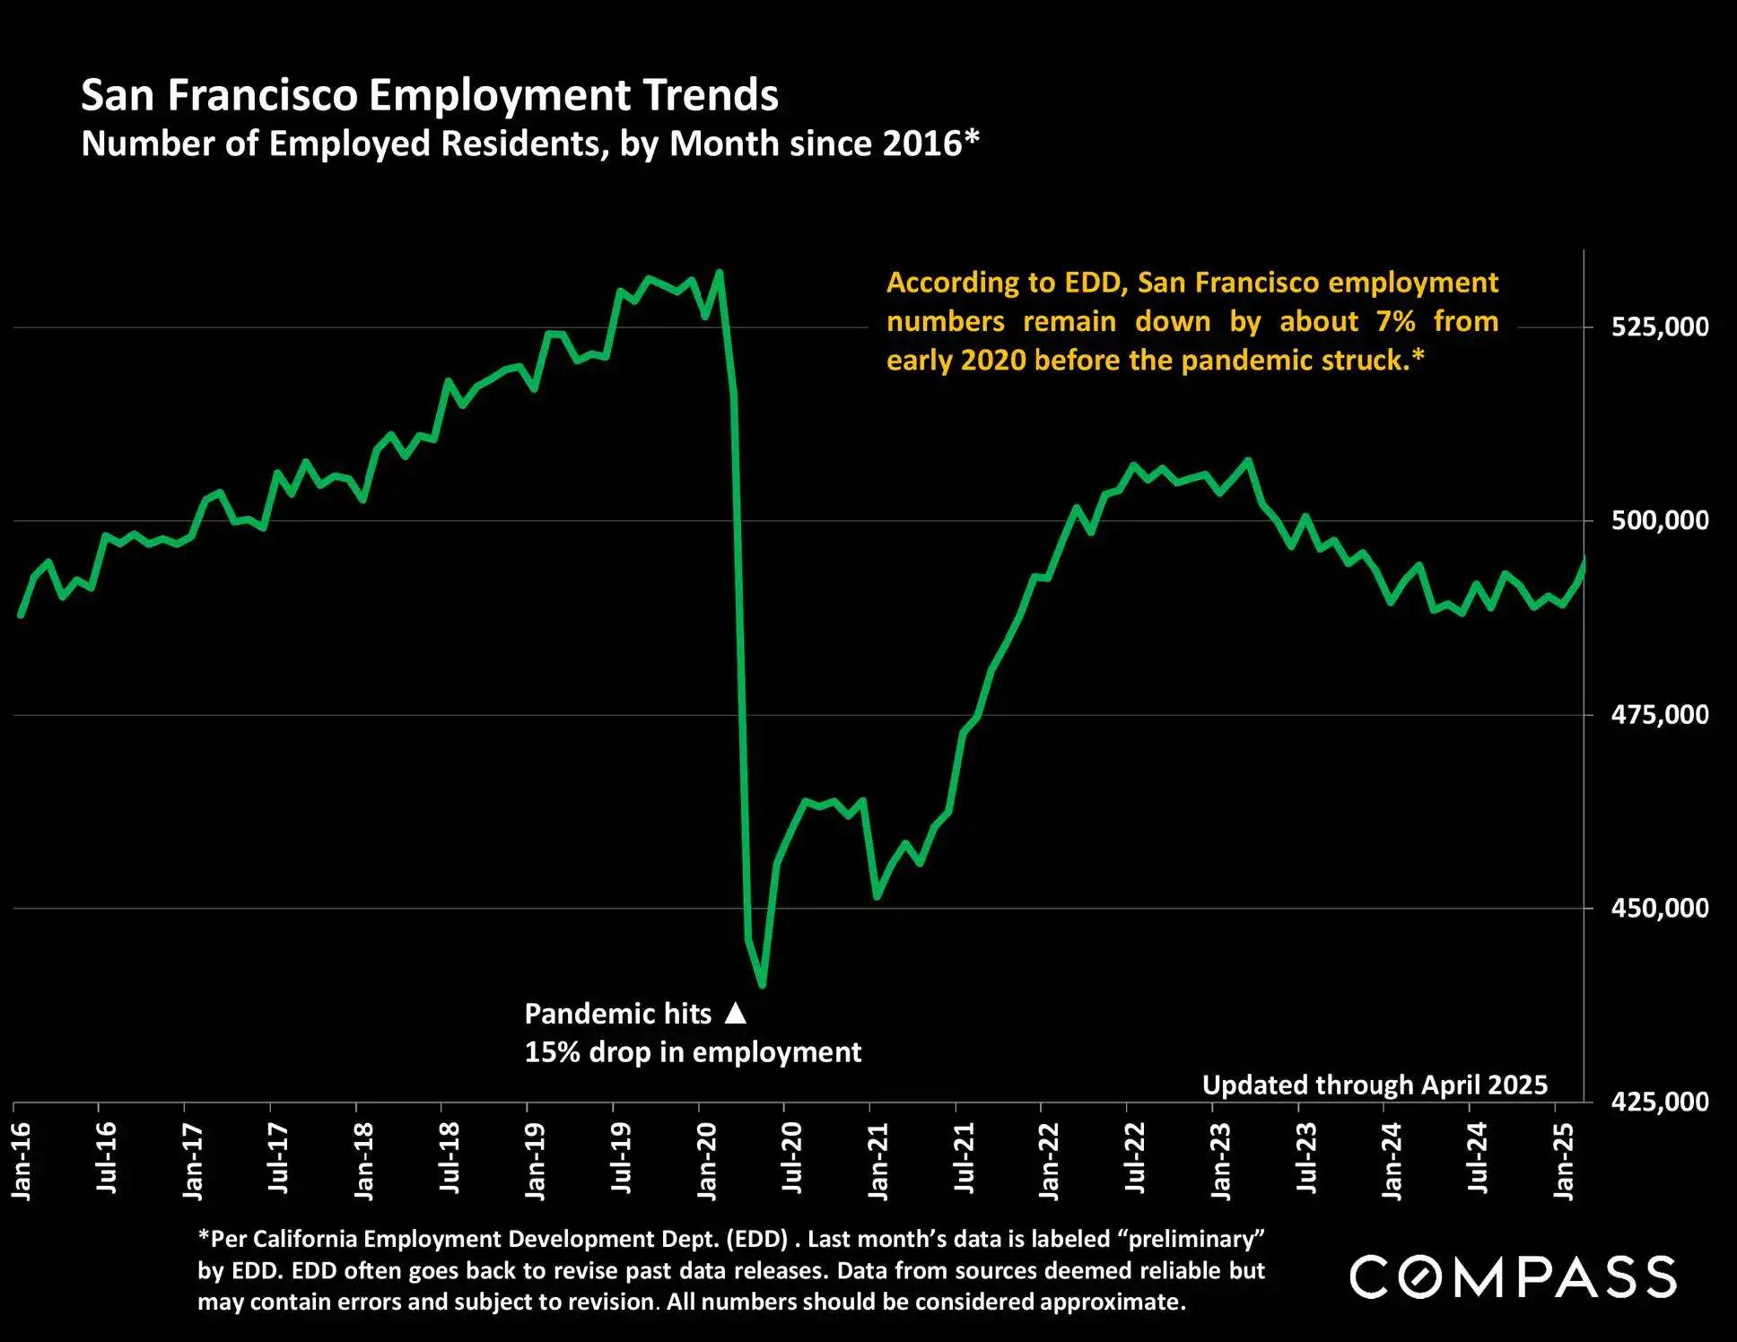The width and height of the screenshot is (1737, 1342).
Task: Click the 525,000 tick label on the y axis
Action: [1660, 327]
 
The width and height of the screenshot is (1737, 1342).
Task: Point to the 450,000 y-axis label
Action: [1660, 909]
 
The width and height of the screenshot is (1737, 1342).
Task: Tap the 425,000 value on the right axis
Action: [1660, 1102]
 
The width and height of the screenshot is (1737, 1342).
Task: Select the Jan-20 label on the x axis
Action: [707, 1161]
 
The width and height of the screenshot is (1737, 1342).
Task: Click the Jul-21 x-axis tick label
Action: [965, 1158]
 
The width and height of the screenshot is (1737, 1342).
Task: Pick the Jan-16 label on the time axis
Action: [22, 1161]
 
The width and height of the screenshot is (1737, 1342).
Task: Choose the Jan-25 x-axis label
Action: [1564, 1161]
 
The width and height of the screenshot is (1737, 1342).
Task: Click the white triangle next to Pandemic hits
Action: [736, 1013]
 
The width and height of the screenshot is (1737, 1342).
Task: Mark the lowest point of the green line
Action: [762, 985]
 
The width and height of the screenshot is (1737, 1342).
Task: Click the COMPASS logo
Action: [1513, 1277]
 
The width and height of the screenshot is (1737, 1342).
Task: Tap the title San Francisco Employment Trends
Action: [430, 95]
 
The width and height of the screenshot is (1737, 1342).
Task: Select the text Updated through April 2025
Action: [1375, 1085]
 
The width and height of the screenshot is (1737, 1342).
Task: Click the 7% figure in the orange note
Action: [1396, 321]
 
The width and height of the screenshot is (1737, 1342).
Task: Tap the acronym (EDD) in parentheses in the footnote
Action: [757, 1239]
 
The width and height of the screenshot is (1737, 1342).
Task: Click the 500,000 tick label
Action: [1660, 521]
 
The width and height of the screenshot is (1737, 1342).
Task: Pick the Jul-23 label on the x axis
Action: [1307, 1158]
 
